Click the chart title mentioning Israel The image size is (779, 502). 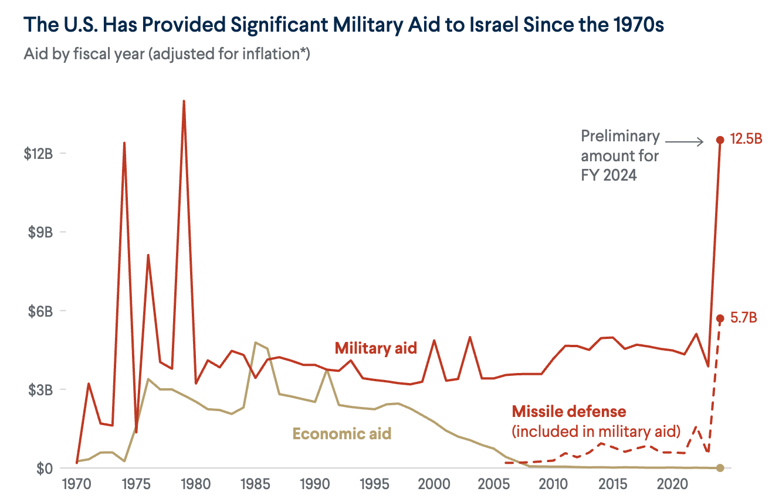(344, 26)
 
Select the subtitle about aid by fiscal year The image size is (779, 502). (167, 55)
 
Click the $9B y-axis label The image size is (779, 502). (40, 232)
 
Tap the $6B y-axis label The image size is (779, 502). (40, 311)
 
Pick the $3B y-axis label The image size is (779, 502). (40, 389)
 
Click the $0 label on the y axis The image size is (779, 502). (45, 468)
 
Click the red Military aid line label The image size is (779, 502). (375, 348)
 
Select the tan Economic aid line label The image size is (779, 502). (341, 434)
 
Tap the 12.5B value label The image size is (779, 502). (746, 140)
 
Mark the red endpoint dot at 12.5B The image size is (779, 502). (720, 140)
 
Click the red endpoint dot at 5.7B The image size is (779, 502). (720, 318)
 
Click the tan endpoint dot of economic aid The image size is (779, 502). (720, 467)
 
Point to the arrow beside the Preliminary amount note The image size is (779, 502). (684, 141)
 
